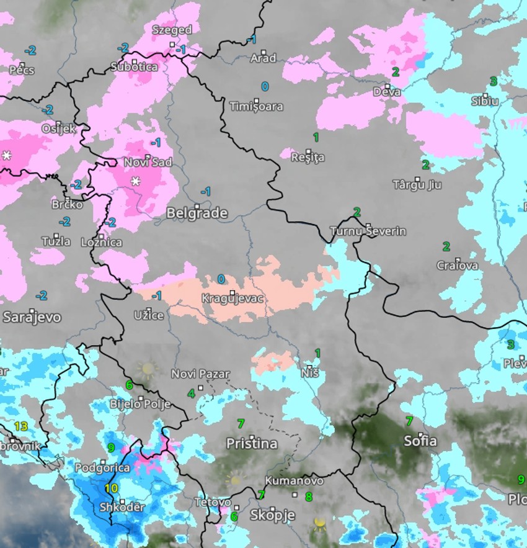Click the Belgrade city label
point(197,213)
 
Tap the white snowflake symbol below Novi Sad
point(135,181)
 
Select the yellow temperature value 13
point(21,426)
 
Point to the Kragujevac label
point(232,299)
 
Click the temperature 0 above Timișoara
point(265,86)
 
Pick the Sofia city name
point(420,441)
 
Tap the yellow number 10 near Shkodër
point(111,488)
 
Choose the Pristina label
point(251,444)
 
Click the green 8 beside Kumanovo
point(308,496)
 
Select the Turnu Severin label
point(368,231)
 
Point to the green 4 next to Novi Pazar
point(192,393)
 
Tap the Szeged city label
point(172,30)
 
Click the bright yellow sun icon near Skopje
point(320,523)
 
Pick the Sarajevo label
point(32,317)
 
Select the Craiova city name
point(458,266)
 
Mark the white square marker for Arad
point(263,53)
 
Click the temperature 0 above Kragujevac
point(221,279)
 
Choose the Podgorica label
point(102,468)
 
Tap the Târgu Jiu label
point(417,185)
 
